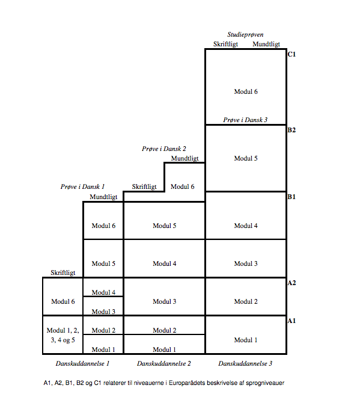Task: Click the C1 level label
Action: [291, 54]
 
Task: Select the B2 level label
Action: [291, 130]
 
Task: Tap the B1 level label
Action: [291, 197]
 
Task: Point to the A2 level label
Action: [291, 283]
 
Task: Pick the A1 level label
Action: [291, 321]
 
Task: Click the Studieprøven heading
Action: [245, 34]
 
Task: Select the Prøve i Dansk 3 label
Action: [245, 120]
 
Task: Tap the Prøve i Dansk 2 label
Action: [164, 149]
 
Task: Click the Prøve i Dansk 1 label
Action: [82, 186]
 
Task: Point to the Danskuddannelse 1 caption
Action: [82, 363]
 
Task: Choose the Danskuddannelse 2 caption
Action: [164, 363]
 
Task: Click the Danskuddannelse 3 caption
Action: [245, 363]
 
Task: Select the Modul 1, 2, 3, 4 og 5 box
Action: [63, 334]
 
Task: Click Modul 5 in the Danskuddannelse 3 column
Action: [246, 158]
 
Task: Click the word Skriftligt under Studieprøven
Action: [226, 45]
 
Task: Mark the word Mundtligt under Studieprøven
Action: [266, 45]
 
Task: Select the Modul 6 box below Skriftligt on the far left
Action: [63, 297]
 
